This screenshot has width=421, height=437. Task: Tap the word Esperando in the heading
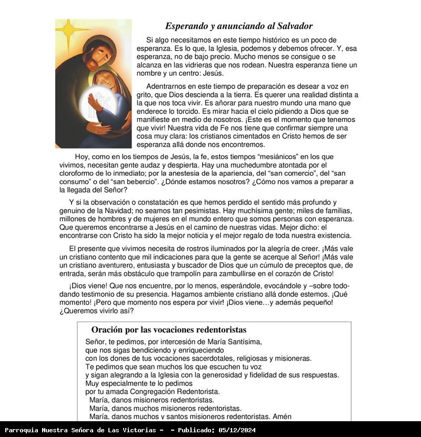coord(186,26)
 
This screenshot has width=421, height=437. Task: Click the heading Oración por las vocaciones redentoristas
coord(168,330)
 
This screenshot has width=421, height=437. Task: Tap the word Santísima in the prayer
coord(244,342)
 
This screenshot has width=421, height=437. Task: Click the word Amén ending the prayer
coord(282,416)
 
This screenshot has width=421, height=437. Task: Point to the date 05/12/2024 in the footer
coord(237,430)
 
